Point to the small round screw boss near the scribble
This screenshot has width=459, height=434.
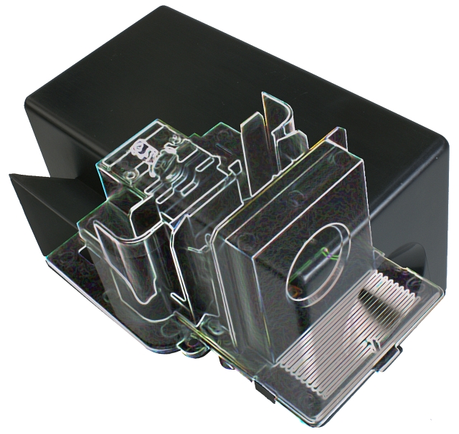click(129, 174)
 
